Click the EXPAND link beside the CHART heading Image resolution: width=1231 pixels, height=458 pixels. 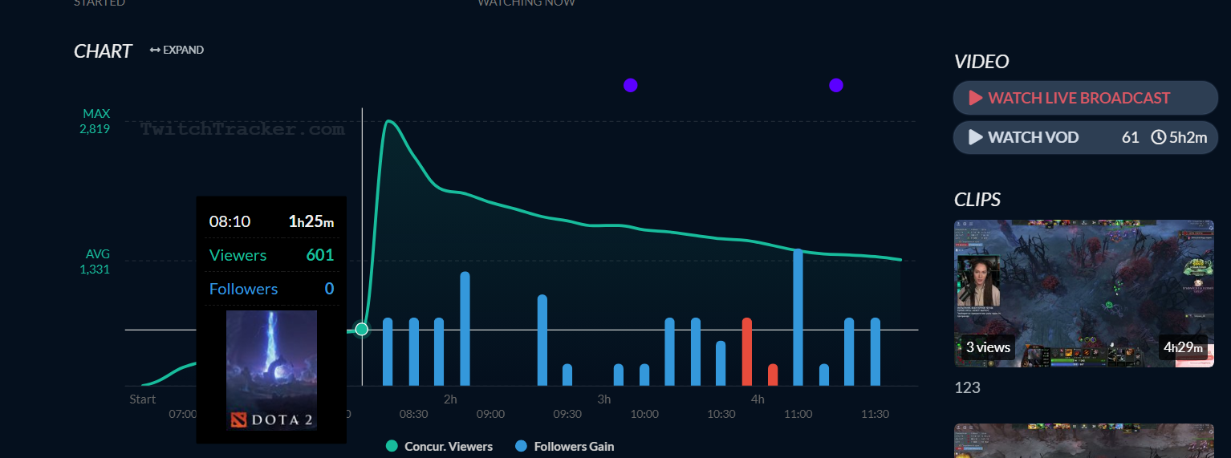pyautogui.click(x=177, y=50)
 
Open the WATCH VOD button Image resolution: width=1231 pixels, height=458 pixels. pyautogui.click(x=1085, y=137)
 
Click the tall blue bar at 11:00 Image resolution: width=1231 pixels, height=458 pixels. pyautogui.click(x=798, y=317)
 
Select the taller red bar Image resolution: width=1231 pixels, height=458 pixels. pyautogui.click(x=746, y=351)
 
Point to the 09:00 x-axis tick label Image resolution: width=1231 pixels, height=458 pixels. pyautogui.click(x=490, y=414)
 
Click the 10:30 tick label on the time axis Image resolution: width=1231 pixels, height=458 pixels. pyautogui.click(x=721, y=414)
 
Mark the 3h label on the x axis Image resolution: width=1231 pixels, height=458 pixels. pyautogui.click(x=603, y=399)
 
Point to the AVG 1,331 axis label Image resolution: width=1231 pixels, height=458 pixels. pyautogui.click(x=95, y=261)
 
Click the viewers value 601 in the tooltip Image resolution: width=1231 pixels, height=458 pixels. pyautogui.click(x=319, y=255)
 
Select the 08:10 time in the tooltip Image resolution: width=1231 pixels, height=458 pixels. pyautogui.click(x=230, y=221)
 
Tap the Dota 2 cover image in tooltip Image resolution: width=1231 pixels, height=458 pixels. pyautogui.click(x=271, y=370)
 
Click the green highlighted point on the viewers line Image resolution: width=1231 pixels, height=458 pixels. pyautogui.click(x=362, y=329)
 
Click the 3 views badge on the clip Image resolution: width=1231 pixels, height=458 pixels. pyautogui.click(x=988, y=347)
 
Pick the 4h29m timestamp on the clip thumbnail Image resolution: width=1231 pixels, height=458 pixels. pyautogui.click(x=1183, y=347)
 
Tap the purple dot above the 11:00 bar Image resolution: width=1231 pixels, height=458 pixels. pyautogui.click(x=836, y=85)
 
